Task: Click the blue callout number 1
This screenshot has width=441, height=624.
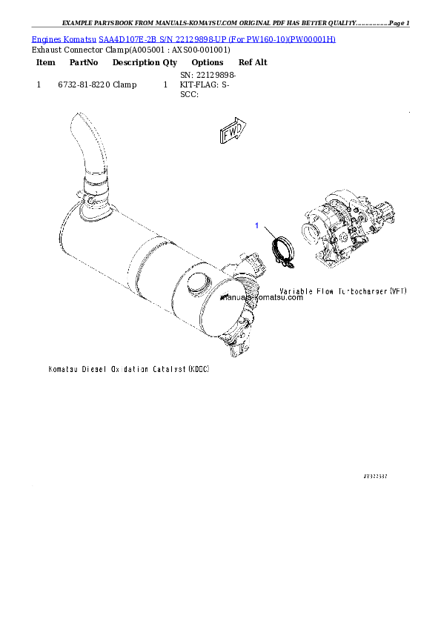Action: (x=257, y=225)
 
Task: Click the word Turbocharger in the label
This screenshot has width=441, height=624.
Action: (x=362, y=292)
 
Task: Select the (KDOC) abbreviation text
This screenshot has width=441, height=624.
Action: (x=199, y=368)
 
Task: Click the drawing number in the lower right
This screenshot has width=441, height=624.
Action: (x=376, y=478)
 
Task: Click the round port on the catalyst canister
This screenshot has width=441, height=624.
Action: (x=198, y=282)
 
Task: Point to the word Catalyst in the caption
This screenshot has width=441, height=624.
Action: (x=170, y=368)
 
